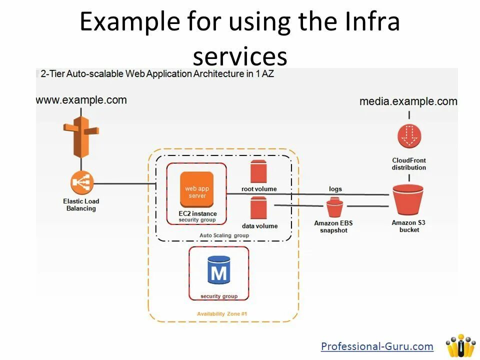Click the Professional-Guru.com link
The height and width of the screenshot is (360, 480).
click(377, 346)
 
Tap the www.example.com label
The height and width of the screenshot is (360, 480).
click(81, 99)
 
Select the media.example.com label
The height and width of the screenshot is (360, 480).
click(408, 101)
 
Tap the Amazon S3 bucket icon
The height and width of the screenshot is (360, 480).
click(408, 200)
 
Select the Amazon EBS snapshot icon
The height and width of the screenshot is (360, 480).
click(334, 206)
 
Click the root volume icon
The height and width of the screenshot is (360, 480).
click(259, 171)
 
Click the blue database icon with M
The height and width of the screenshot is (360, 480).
click(219, 270)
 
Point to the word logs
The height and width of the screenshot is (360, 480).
click(335, 189)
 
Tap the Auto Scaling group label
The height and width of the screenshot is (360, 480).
click(224, 235)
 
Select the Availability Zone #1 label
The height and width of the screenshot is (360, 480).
click(222, 314)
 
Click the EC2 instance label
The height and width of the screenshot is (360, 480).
click(197, 213)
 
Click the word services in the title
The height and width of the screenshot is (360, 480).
click(240, 56)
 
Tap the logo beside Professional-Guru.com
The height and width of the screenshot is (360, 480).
click(460, 345)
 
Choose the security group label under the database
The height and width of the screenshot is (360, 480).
click(219, 296)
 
